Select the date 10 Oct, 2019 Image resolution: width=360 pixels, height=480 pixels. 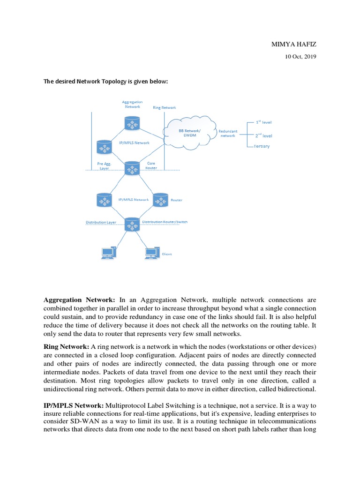tap(301, 57)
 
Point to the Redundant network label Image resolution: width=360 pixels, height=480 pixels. tap(228, 133)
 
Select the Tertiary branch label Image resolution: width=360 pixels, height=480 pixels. tap(262, 147)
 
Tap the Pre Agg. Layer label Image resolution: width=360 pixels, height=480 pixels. tap(104, 166)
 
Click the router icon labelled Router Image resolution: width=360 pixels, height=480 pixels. tap(160, 200)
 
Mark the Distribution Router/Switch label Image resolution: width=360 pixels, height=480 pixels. tap(168, 221)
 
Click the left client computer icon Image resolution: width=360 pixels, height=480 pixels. tap(108, 253)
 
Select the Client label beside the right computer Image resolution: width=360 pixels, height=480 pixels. tap(166, 254)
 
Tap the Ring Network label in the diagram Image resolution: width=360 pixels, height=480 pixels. tap(165, 107)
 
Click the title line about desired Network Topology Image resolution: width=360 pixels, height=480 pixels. tap(105, 82)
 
